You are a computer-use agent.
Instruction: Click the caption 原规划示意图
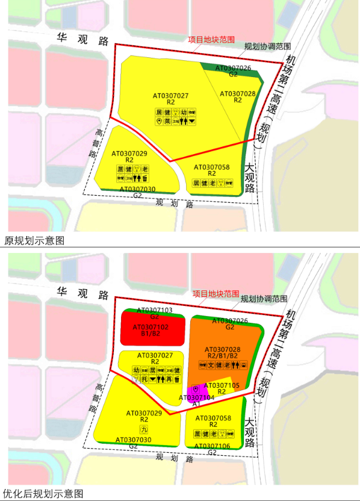tap(34, 240)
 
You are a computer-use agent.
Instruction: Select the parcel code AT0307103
tap(155, 310)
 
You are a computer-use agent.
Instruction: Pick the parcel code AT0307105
tap(222, 385)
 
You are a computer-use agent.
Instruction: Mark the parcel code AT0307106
tap(222, 446)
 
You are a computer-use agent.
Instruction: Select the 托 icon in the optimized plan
tap(143, 379)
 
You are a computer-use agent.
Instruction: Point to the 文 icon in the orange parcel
tap(211, 365)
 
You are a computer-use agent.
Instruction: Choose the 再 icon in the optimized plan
tap(169, 379)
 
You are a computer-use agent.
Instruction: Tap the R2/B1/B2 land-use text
tap(222, 356)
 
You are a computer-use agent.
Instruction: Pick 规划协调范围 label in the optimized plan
tap(265, 298)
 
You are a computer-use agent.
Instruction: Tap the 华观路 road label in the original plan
tap(82, 40)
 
